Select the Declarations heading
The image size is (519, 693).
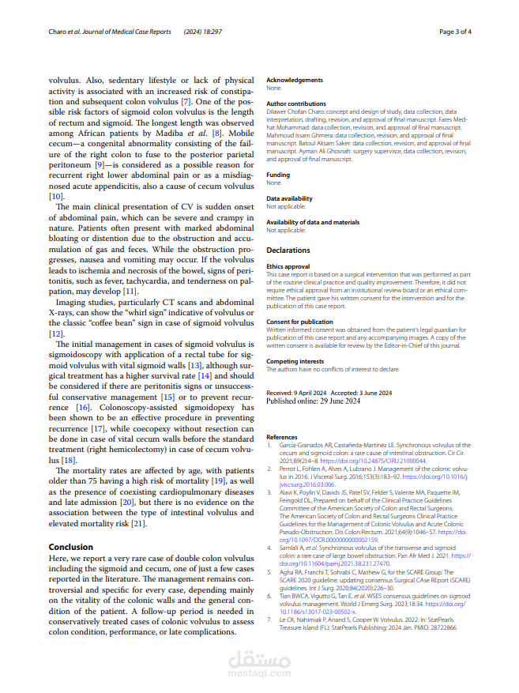coord(288,250)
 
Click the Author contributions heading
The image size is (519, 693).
coord(296,104)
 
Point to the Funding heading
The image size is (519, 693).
coord(278,175)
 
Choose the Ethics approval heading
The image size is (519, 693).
coord(288,267)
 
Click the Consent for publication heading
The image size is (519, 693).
coord(299,322)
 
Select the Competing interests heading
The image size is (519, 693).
coord(294,361)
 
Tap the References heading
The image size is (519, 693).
coord(282,437)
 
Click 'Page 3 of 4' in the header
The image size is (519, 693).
coord(456,32)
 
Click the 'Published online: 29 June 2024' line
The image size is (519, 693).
coord(314,401)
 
